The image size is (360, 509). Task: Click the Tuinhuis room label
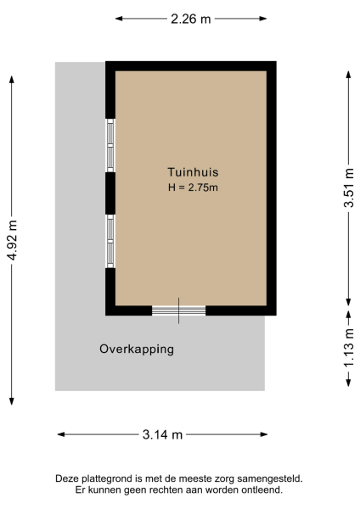point(187,172)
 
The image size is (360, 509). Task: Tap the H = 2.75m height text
point(192,187)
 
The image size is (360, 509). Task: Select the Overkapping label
point(137,349)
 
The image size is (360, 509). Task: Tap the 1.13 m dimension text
point(348,351)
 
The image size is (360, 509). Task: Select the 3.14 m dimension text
point(162,434)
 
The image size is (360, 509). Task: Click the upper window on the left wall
point(110,145)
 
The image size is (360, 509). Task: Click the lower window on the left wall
point(110,241)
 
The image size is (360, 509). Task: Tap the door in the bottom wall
point(178,310)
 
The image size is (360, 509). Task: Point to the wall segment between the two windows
point(110,193)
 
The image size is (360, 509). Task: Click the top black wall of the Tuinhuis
point(191,65)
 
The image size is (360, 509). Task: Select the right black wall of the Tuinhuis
point(272,188)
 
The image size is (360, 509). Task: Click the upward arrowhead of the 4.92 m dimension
point(12,79)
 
